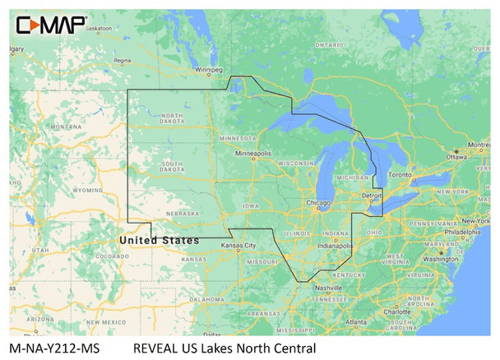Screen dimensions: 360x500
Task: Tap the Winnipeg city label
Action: [x=208, y=69]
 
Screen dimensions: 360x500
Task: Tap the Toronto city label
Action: [x=399, y=175]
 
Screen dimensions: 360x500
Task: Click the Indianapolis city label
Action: [x=336, y=245]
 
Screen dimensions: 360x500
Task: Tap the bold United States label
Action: [x=159, y=239]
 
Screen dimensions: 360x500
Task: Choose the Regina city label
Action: [x=123, y=60]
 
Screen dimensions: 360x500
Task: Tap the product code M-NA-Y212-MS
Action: [x=49, y=348]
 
